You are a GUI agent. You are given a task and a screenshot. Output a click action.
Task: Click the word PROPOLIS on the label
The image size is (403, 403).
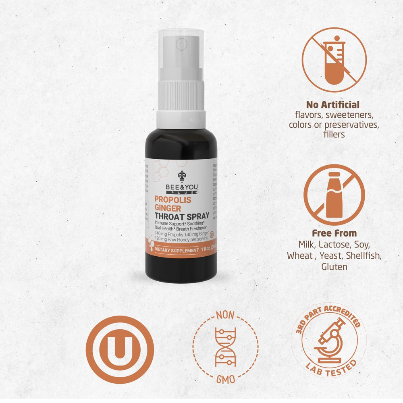pos(173,199)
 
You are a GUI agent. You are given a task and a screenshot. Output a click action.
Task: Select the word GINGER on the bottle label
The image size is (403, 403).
pos(168,208)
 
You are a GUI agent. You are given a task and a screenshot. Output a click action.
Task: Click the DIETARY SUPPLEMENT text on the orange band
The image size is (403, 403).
pos(176,250)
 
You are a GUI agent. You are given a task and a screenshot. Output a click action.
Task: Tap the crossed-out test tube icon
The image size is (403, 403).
pos(334,60)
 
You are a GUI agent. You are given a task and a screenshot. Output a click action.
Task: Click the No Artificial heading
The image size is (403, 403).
pos(333,105)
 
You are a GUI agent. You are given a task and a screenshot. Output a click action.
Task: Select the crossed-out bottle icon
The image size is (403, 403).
pos(334,195)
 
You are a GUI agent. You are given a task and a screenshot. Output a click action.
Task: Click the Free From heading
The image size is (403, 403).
pos(334,233)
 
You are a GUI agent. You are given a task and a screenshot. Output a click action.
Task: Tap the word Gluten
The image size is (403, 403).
pos(334,266)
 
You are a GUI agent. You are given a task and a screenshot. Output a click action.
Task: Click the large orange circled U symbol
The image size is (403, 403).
pos(120,349)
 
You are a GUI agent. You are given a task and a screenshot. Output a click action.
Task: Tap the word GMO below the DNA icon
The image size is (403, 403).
pos(225,380)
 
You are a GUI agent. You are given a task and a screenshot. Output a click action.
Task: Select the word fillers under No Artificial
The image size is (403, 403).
pos(334,134)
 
